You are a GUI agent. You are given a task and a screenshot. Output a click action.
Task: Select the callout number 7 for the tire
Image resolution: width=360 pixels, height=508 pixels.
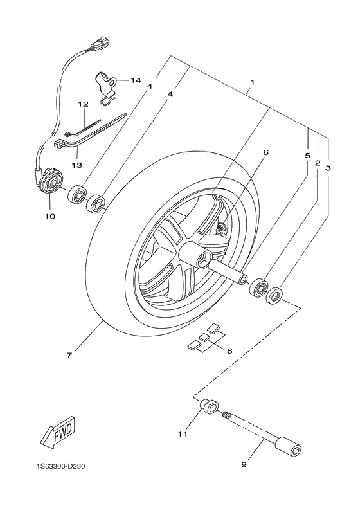70,354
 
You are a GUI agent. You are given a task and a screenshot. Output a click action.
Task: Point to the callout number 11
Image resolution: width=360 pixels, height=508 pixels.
183,435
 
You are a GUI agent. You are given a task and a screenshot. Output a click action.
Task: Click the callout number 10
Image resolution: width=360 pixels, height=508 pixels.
50,216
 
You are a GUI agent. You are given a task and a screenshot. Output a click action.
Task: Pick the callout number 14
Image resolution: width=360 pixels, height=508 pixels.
136,80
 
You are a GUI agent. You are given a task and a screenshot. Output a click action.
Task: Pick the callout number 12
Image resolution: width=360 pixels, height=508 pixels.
82,104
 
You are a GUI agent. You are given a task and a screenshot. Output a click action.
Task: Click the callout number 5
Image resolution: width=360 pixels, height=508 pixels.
307,156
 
